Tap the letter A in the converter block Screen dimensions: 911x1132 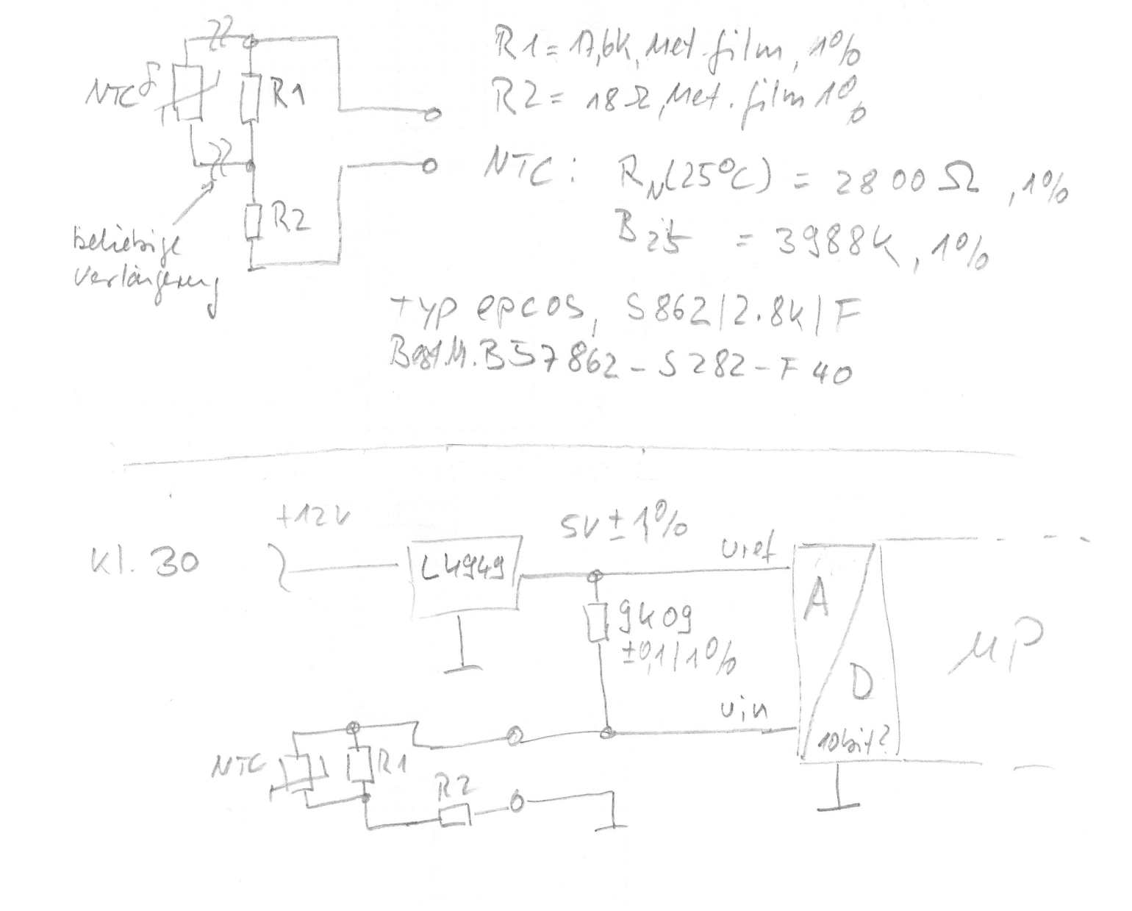[x=817, y=599]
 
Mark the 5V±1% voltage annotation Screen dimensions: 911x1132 [x=624, y=525]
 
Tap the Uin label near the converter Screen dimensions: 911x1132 [x=745, y=710]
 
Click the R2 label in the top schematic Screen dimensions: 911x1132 [x=289, y=218]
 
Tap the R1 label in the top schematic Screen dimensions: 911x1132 [x=289, y=96]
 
